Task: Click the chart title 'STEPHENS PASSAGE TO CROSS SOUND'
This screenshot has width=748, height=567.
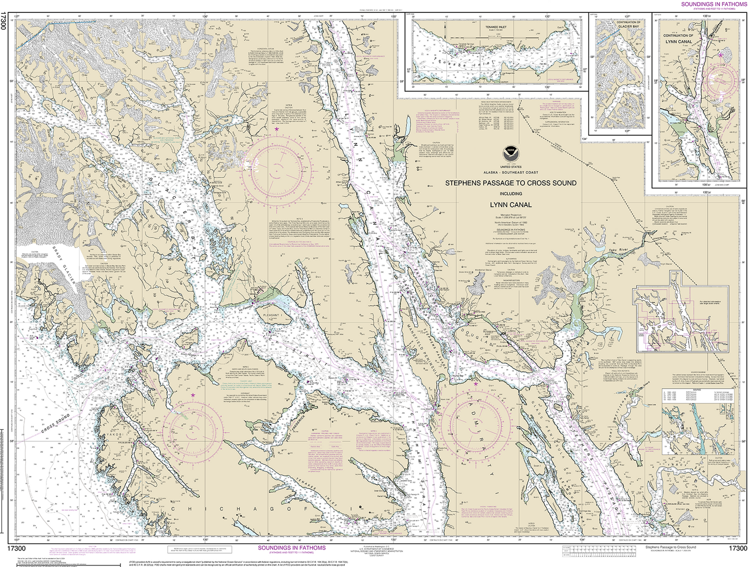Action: pos(510,183)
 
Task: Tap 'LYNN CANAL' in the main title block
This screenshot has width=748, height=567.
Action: pos(510,205)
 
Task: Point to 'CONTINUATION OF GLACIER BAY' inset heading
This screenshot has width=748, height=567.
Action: pos(628,24)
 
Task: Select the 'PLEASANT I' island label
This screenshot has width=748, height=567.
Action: pos(273,315)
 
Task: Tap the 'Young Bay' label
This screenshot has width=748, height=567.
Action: pos(459,376)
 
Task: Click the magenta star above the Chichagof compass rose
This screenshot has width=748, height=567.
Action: pos(193,395)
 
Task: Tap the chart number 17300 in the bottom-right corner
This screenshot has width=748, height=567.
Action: pos(737,548)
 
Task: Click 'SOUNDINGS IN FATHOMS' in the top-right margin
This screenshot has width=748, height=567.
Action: pos(714,4)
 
